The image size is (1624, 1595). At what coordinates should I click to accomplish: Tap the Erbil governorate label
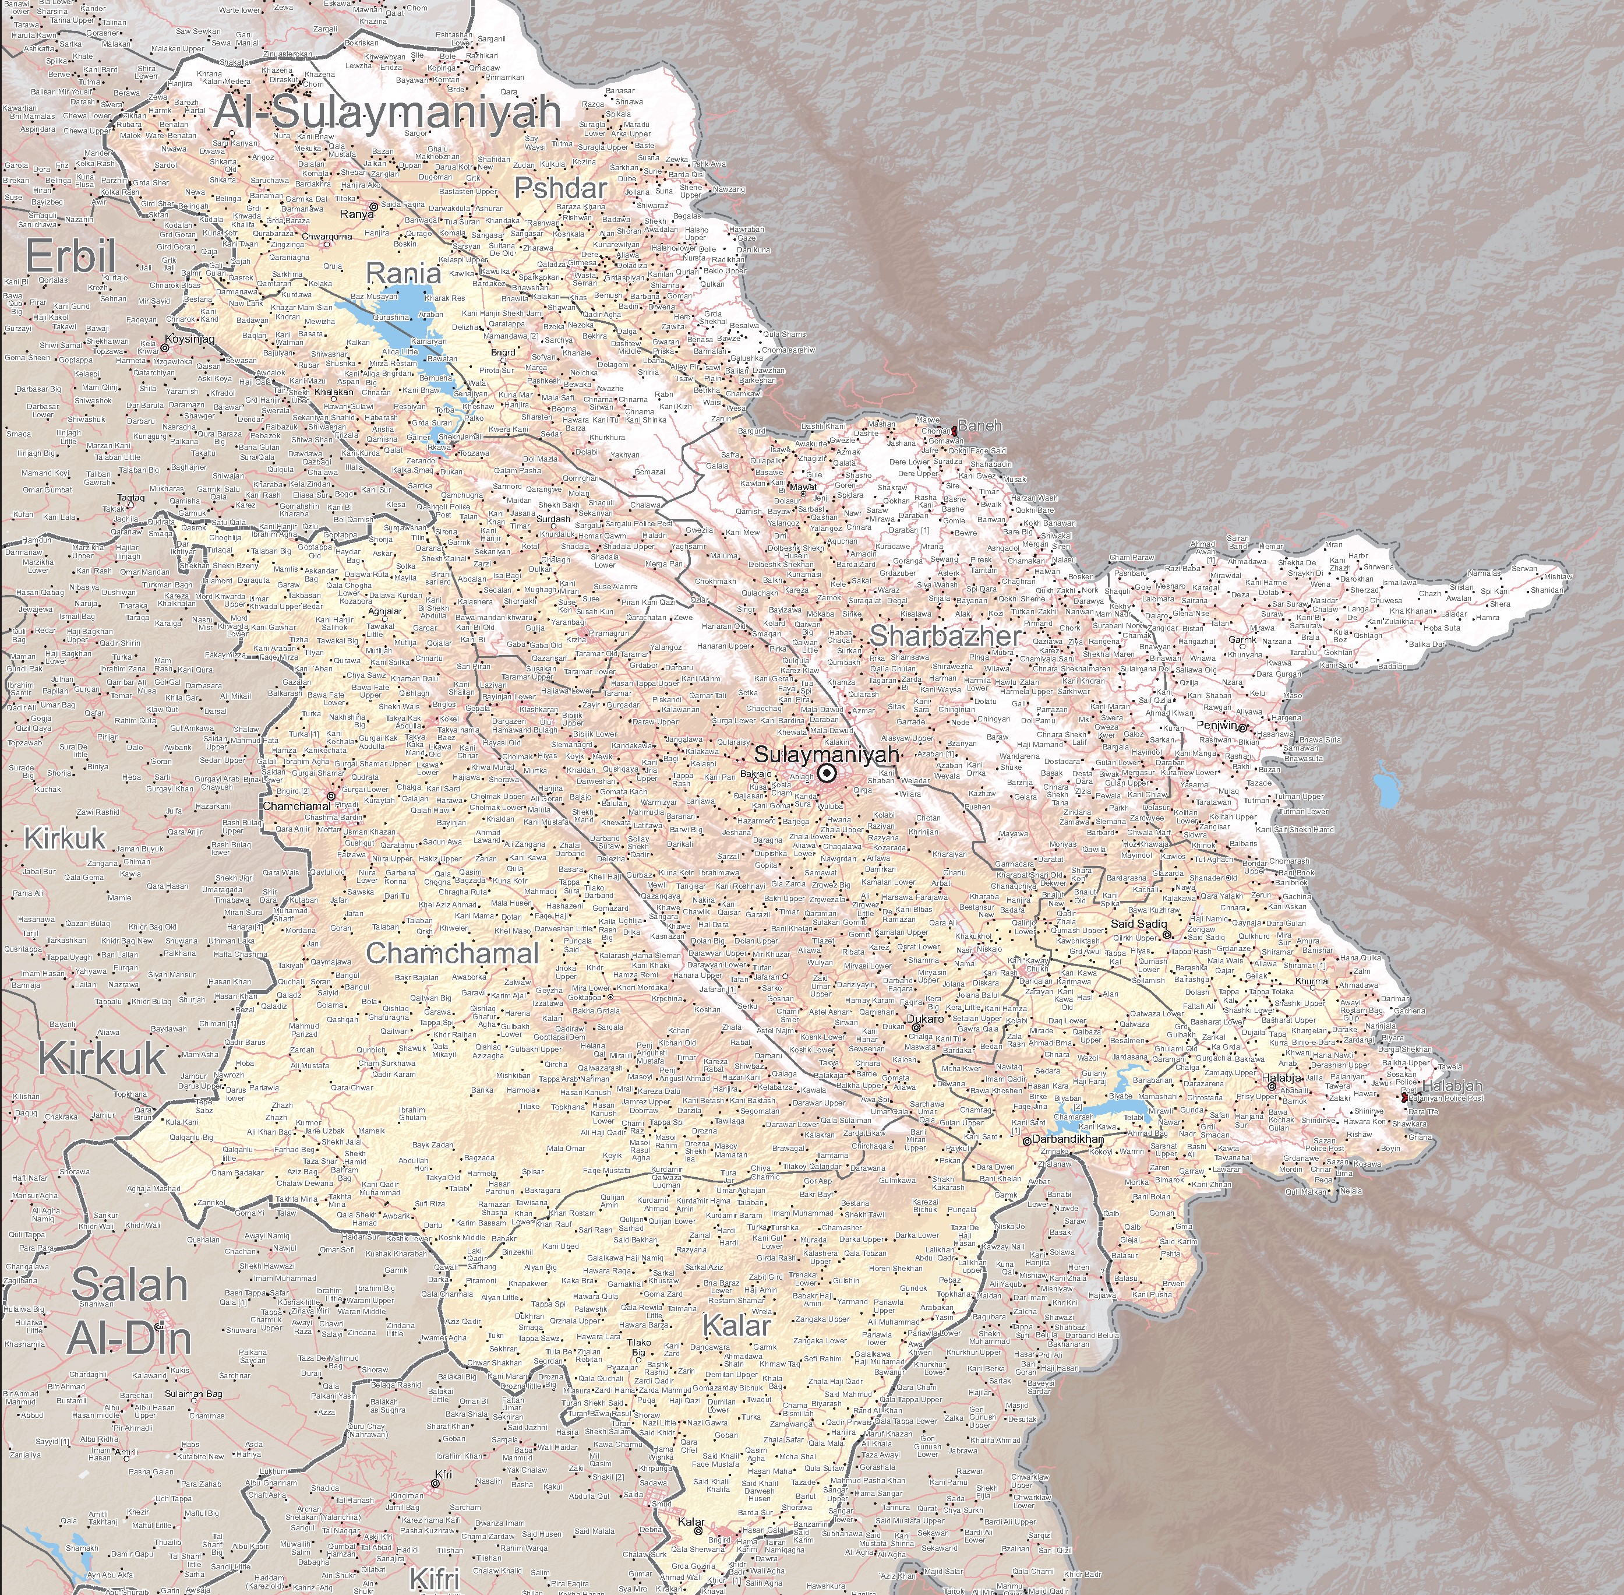(x=70, y=257)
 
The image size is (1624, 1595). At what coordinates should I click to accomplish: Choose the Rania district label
(x=404, y=274)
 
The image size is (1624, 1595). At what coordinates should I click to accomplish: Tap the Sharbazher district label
(x=945, y=636)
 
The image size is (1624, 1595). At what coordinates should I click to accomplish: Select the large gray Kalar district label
(x=736, y=1325)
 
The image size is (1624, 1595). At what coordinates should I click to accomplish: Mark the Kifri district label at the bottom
(x=436, y=1579)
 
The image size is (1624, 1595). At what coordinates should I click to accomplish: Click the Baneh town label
(x=980, y=425)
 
